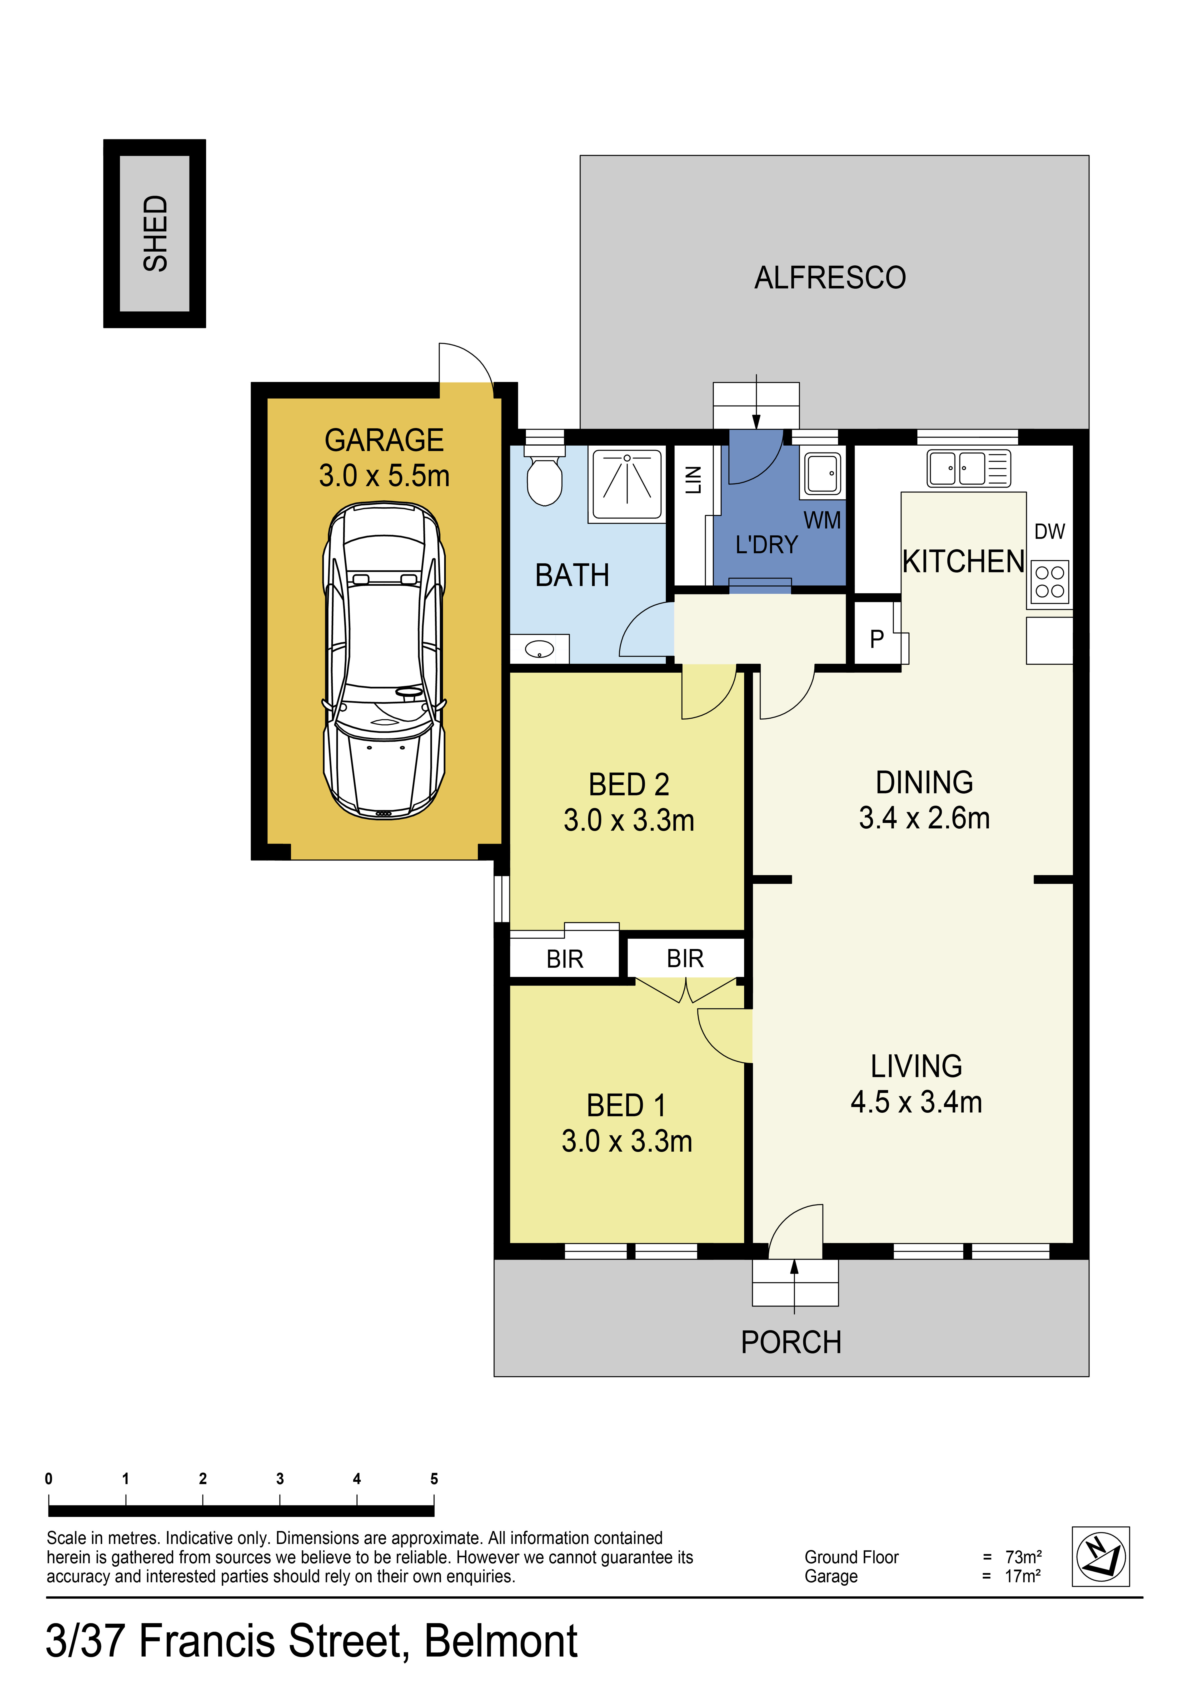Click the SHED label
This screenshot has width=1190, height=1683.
155,233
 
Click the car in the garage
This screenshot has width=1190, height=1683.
384,660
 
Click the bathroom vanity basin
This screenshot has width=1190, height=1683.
540,649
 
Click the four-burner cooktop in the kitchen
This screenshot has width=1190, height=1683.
1050,582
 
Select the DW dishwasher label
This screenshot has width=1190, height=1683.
1049,531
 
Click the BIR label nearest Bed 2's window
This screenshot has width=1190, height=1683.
565,959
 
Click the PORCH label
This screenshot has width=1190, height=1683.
791,1342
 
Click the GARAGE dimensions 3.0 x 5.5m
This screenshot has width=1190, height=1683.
384,476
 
